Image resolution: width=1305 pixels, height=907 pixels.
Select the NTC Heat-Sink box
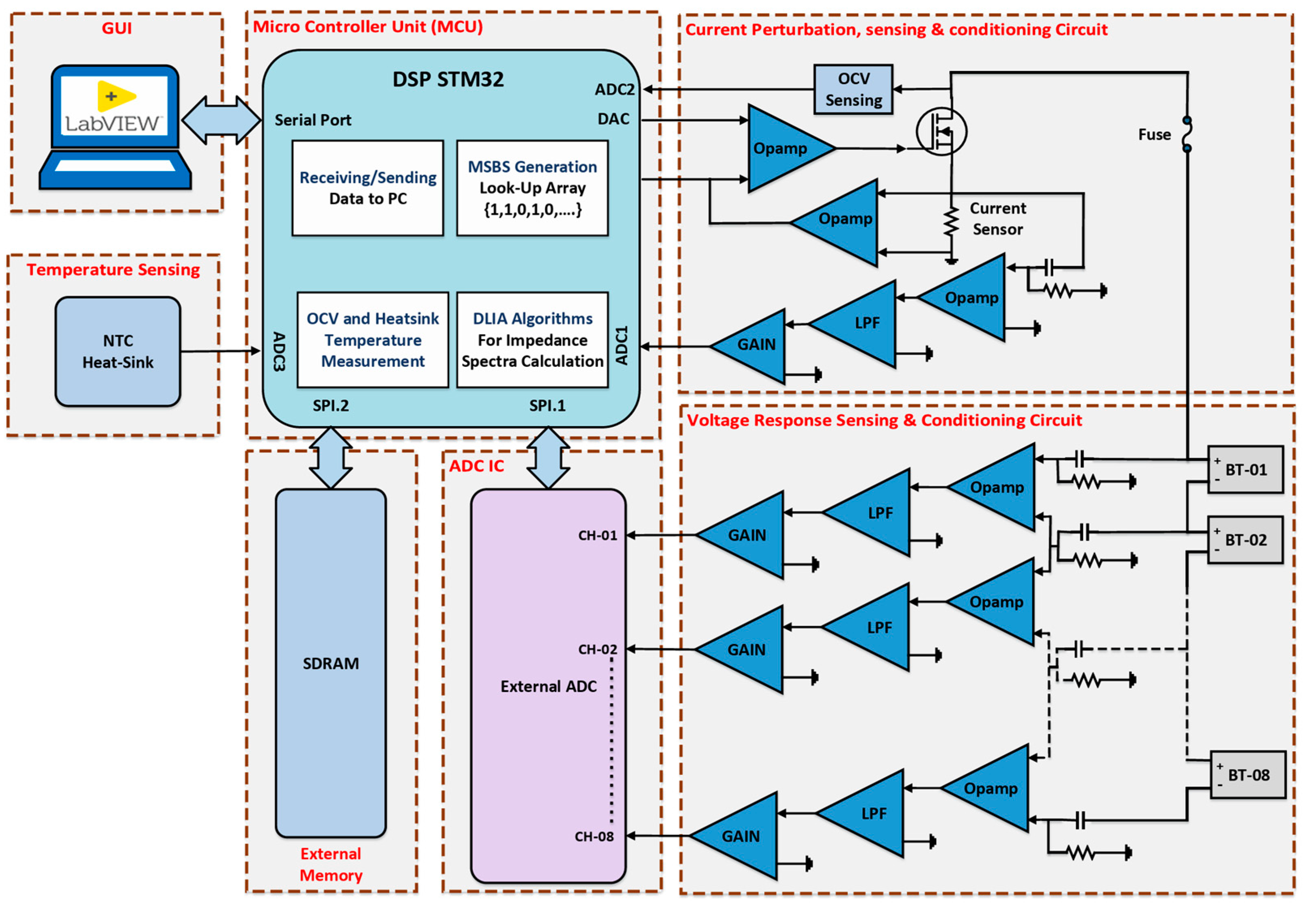click(118, 351)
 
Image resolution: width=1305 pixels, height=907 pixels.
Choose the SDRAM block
click(331, 663)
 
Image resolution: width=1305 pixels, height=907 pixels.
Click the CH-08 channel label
click(594, 836)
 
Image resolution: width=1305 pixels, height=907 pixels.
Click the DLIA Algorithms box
click(532, 340)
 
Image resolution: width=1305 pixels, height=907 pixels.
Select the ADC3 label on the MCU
click(279, 351)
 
